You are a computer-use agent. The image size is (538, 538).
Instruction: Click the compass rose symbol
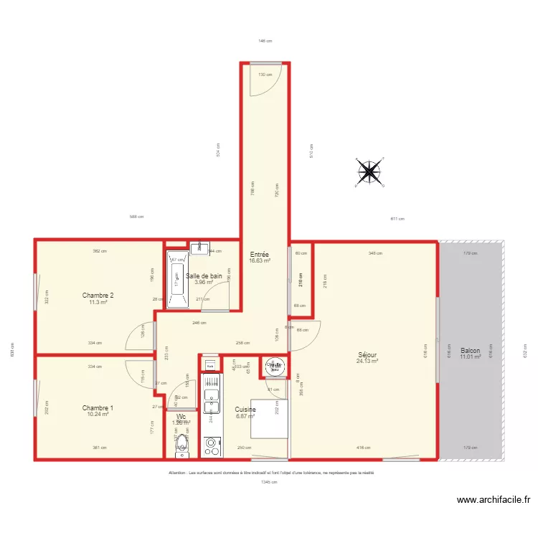click(369, 171)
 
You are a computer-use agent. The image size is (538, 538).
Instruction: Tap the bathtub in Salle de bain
click(176, 279)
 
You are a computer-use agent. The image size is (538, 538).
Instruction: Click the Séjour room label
click(367, 354)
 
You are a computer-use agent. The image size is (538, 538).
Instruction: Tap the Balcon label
click(470, 350)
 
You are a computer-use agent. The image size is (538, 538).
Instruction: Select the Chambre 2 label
click(98, 296)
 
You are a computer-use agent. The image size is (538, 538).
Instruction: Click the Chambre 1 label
click(98, 407)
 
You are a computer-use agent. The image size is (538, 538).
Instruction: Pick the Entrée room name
click(259, 255)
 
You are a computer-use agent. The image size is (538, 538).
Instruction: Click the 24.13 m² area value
click(367, 361)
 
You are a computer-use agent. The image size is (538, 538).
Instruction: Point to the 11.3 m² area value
click(98, 303)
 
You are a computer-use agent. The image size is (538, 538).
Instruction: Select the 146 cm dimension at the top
click(265, 41)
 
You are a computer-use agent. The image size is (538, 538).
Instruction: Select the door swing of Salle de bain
click(214, 298)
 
